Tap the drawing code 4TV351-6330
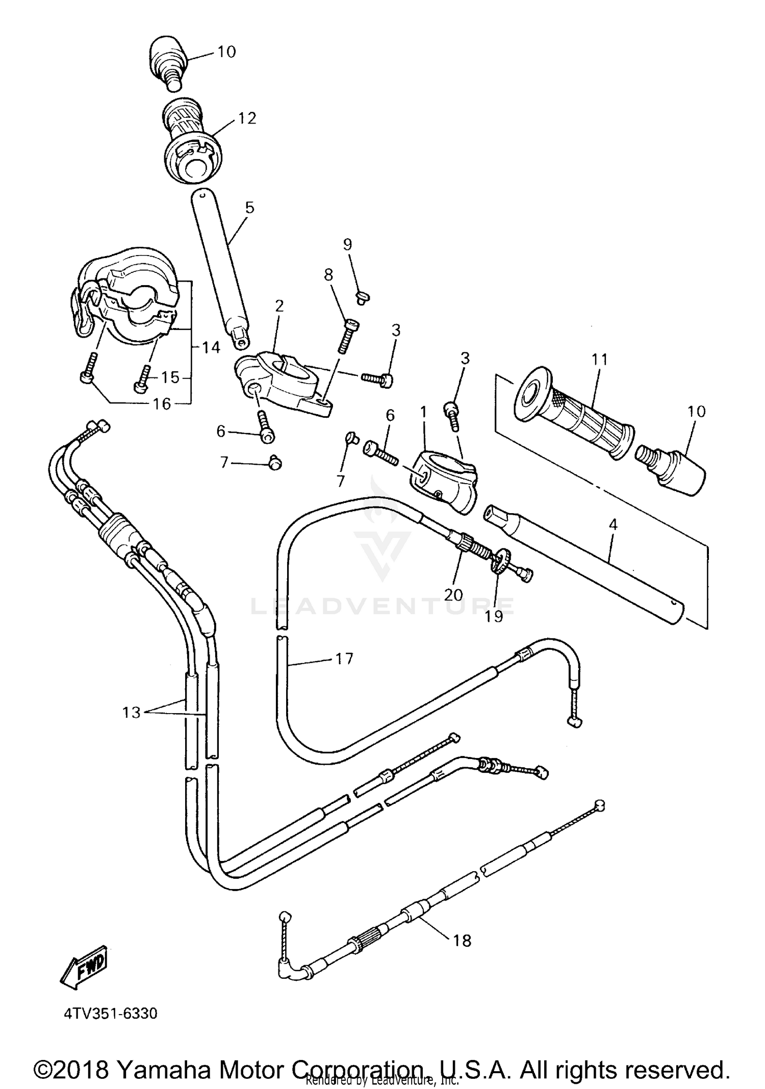coord(111,1013)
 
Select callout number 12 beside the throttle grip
coord(247,118)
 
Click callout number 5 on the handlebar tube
coord(249,208)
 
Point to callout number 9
coord(347,245)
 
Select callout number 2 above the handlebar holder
coord(279,306)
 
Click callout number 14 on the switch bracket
coord(211,348)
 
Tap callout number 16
coord(162,404)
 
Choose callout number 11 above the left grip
coord(600,360)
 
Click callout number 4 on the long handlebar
coord(613,524)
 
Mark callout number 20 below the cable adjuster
coord(453,595)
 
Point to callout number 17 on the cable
coord(344,659)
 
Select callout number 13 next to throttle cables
coord(131,712)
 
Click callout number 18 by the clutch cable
coord(462,940)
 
